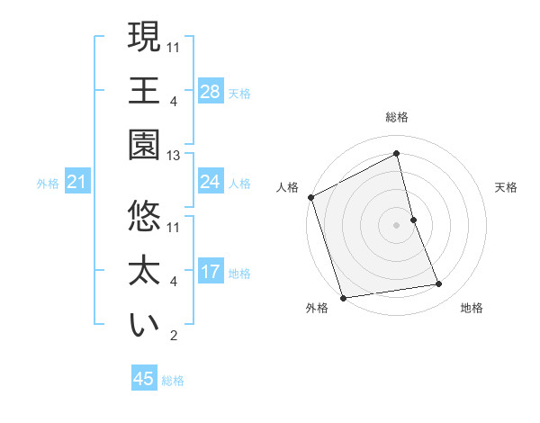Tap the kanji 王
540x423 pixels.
(144, 90)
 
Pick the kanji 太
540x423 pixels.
(144, 272)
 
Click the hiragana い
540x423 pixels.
(144, 326)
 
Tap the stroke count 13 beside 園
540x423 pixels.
(174, 156)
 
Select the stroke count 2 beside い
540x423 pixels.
(174, 337)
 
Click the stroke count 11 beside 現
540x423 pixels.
(174, 46)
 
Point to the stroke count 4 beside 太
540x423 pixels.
(174, 282)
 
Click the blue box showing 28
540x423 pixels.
(210, 91)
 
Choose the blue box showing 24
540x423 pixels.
(210, 182)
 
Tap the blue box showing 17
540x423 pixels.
(210, 272)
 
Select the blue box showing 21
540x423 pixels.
(77, 182)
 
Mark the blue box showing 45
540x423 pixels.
(144, 379)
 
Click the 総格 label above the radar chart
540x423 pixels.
(396, 117)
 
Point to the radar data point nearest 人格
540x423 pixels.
(310, 197)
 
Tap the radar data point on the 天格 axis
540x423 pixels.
(413, 219)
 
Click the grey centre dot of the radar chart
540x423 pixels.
(396, 224)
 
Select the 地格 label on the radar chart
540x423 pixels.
(472, 308)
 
